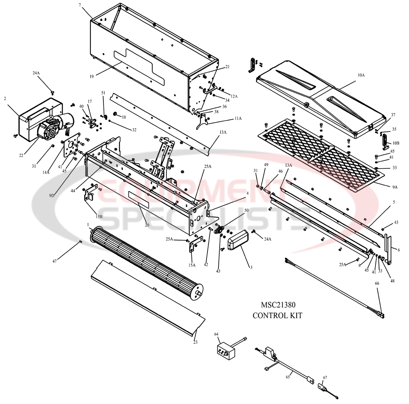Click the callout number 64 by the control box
point(216,334)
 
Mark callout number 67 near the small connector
point(325,377)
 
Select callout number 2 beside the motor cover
point(5,98)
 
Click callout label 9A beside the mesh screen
point(394,187)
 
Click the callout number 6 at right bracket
point(399,250)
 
